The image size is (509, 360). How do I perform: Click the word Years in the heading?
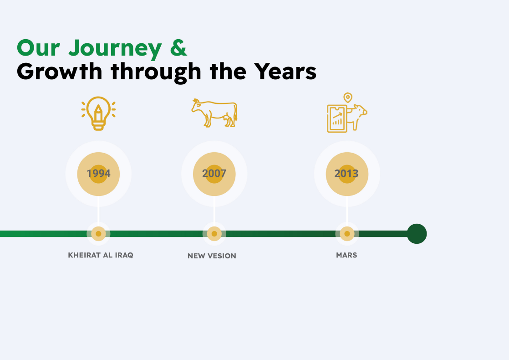point(285,72)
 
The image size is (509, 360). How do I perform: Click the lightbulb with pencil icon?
point(98,113)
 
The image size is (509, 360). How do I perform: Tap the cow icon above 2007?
point(214,113)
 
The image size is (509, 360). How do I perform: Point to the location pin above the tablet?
point(348,98)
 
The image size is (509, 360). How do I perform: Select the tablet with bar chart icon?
point(337,119)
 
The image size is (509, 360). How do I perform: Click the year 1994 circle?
point(98,174)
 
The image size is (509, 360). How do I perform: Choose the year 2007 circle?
point(214,174)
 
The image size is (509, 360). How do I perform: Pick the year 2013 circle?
point(347,174)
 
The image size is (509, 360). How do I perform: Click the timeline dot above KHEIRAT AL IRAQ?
point(98,234)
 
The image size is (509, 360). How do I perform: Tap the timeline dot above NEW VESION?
point(214,234)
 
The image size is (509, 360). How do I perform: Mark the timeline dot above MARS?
point(347,234)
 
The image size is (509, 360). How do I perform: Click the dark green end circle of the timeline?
point(417,234)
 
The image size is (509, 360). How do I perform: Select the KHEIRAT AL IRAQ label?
point(101,255)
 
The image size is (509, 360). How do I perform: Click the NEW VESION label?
point(212,256)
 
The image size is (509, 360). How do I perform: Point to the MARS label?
point(346,255)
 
